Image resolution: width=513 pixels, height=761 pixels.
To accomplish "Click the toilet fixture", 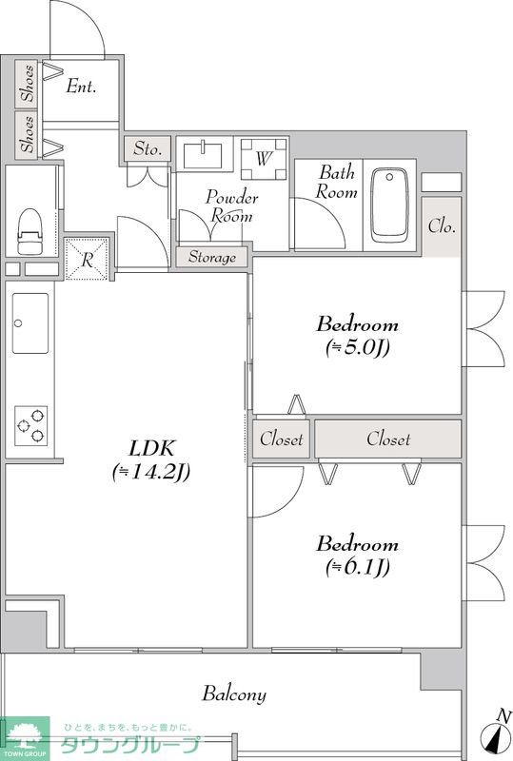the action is click(30, 231).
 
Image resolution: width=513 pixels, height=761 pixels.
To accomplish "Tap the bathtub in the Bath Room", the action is click(389, 205).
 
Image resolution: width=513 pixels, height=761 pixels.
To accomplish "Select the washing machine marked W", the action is click(264, 159).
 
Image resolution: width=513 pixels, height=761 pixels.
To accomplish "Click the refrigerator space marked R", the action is click(87, 259).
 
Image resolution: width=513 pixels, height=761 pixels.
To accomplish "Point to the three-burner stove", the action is click(31, 425).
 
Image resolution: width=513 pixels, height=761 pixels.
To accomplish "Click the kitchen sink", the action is click(30, 322).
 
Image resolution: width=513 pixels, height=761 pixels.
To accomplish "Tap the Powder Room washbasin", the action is click(203, 154).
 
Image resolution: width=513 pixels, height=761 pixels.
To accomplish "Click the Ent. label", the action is click(81, 87).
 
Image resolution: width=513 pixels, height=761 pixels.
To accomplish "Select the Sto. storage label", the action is click(148, 148).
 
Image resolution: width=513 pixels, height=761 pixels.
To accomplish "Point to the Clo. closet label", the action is click(442, 226).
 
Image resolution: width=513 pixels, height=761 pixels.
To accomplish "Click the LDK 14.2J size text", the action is click(151, 472).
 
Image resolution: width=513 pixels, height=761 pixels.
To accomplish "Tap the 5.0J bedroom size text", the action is click(358, 346).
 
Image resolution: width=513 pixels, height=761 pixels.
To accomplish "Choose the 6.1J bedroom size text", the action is click(358, 566).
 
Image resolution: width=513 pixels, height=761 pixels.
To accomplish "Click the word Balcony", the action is click(234, 693).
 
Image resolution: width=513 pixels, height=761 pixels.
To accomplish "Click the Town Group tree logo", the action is click(25, 739).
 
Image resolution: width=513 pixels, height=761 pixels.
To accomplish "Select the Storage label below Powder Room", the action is click(212, 257).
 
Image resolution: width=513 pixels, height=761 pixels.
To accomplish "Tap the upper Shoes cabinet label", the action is click(29, 83).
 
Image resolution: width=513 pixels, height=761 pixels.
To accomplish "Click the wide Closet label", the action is click(388, 439).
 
